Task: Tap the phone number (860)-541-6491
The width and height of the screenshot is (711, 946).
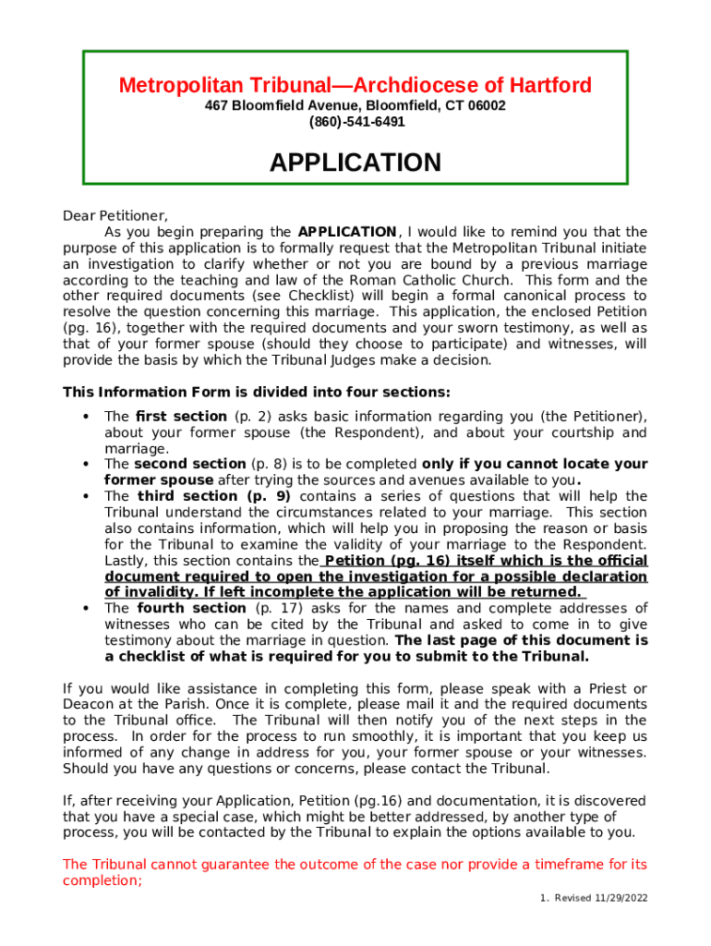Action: point(356,121)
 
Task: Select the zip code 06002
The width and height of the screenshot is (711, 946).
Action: point(487,105)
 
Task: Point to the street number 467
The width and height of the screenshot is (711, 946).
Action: point(216,105)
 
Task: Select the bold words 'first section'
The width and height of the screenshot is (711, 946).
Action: point(181,417)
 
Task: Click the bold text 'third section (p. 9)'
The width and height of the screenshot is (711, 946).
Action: point(213,496)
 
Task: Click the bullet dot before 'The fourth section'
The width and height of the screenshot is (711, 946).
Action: point(86,608)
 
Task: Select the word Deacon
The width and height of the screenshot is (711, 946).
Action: point(88,704)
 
